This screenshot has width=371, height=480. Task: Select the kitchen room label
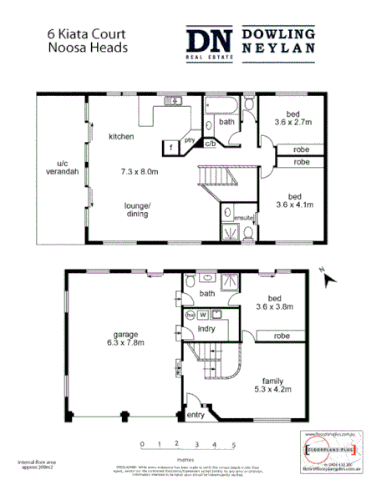(122, 136)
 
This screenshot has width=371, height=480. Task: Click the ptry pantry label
(190, 141)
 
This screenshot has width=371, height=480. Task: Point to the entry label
(196, 415)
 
